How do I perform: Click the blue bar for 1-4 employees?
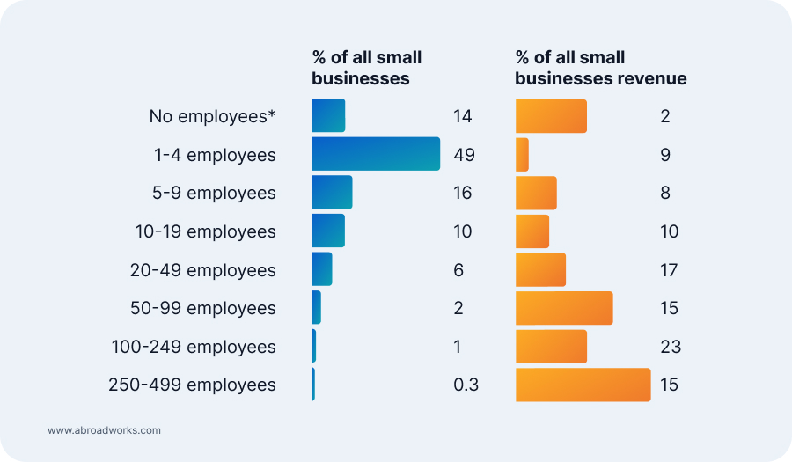tap(376, 154)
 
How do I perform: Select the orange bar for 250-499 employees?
tap(583, 385)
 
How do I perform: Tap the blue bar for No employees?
tap(328, 115)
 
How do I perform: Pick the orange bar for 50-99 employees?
tap(564, 308)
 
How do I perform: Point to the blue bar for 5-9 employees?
tap(332, 193)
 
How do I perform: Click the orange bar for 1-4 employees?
tap(522, 154)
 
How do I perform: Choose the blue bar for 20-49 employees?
tap(321, 269)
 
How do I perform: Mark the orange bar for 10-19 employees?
tap(532, 231)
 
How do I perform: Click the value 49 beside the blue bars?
tap(464, 155)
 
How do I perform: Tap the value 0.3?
tap(466, 385)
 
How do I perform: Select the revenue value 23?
tap(670, 347)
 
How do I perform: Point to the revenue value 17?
tap(670, 269)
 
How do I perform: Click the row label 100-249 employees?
tap(194, 347)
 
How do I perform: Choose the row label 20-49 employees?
tap(203, 270)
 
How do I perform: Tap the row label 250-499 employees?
tap(192, 385)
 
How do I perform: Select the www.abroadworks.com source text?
tap(104, 430)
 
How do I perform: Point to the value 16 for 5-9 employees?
tap(462, 193)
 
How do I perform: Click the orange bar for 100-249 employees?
tap(551, 347)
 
